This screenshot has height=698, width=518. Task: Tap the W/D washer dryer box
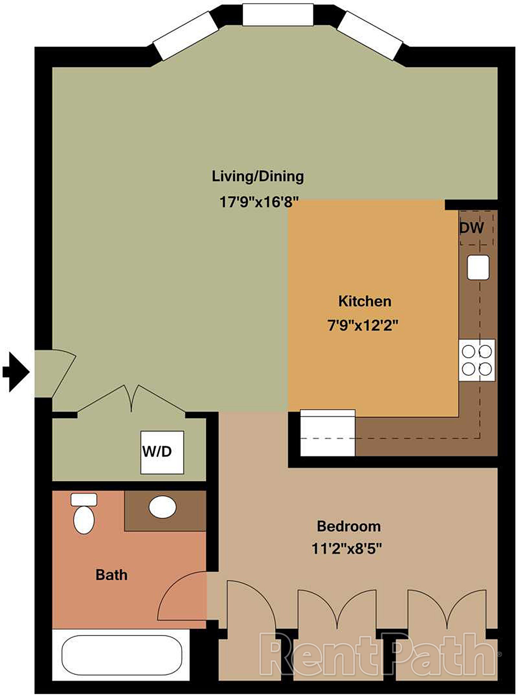point(162,452)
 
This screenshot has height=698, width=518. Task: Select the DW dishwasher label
point(471,228)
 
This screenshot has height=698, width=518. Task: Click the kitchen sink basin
point(478,267)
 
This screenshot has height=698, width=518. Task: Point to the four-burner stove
point(477,360)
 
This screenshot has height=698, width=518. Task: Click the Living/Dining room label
point(258,177)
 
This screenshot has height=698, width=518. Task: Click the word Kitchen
point(365,302)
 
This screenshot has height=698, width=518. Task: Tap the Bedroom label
point(349,526)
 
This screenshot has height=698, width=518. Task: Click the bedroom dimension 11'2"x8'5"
point(347,549)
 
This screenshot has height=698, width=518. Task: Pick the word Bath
point(111,575)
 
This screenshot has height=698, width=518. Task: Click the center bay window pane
point(278,15)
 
